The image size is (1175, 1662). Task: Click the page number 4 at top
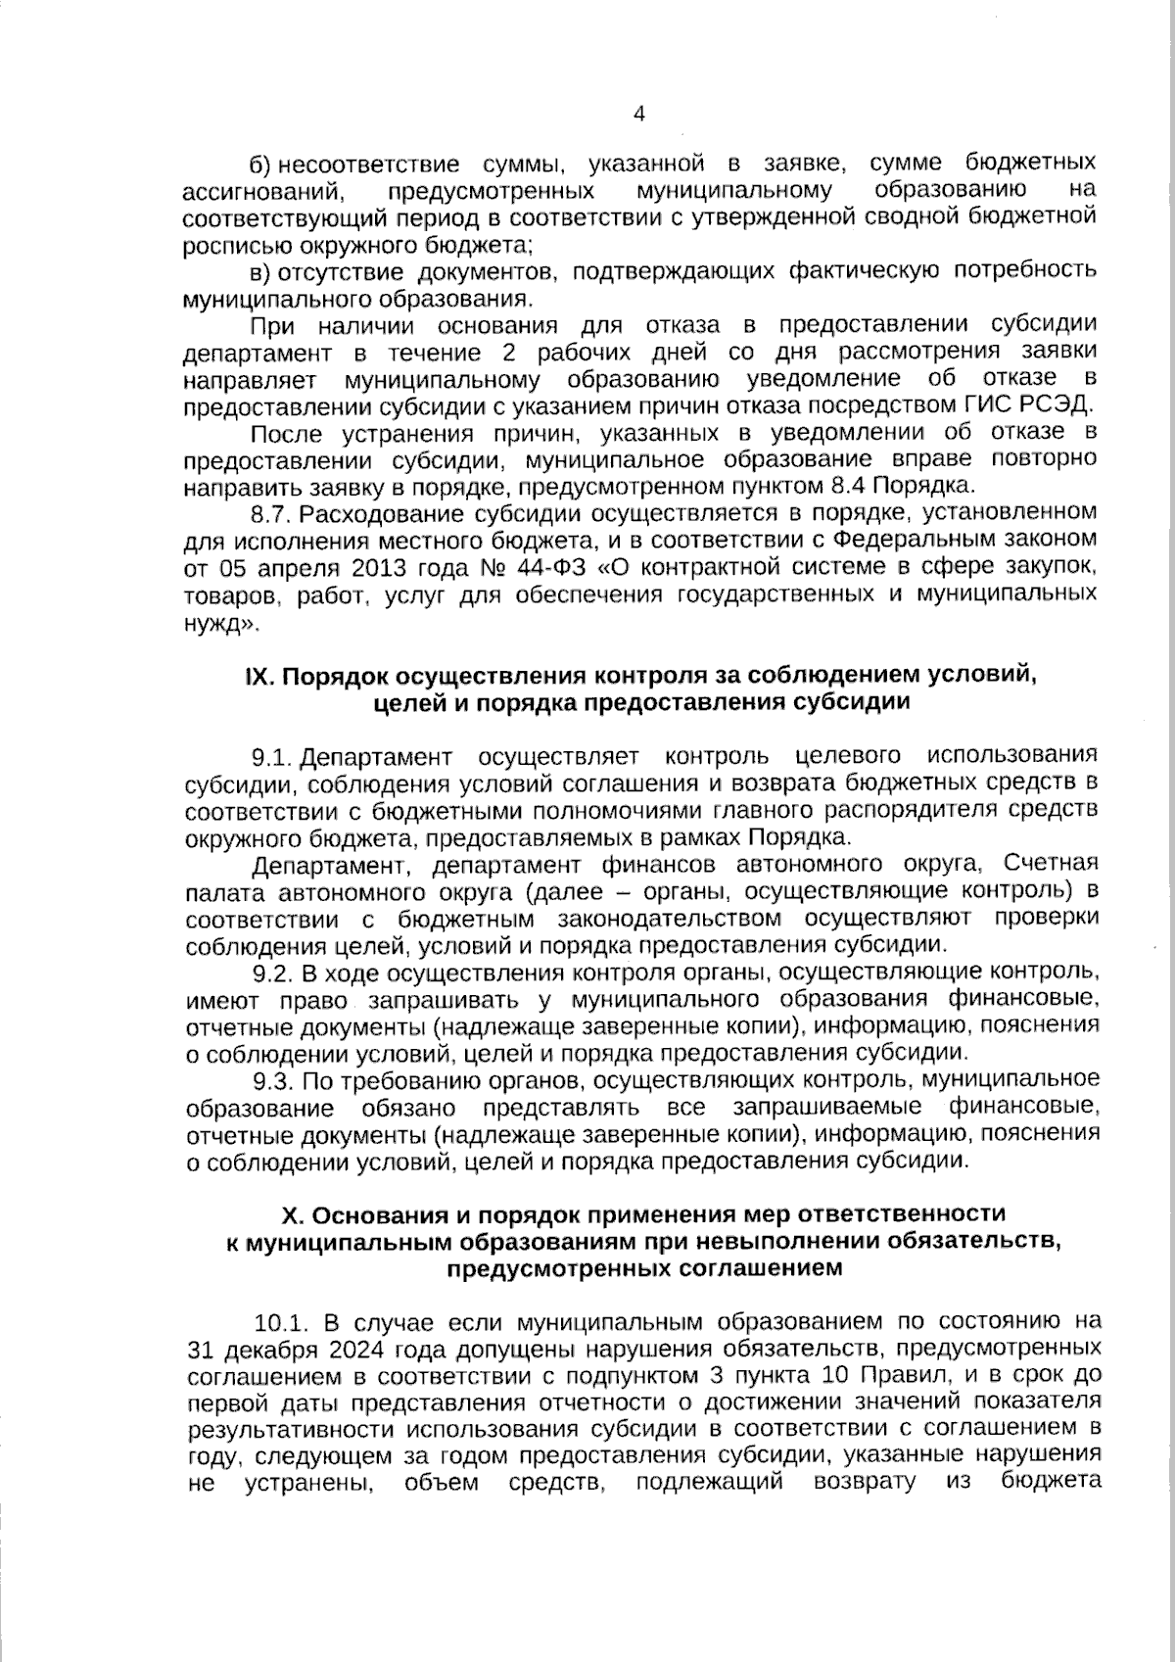coord(639,114)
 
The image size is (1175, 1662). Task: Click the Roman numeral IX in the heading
coord(257,676)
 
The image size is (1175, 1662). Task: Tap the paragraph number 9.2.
coord(273,973)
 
